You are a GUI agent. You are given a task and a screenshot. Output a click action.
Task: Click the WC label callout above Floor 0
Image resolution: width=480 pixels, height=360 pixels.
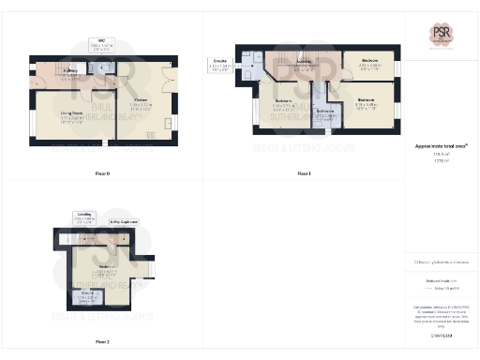click(x=104, y=42)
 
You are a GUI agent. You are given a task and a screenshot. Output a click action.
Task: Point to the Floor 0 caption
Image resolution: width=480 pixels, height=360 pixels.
click(x=102, y=174)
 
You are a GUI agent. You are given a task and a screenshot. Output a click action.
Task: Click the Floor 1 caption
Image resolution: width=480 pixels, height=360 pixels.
click(x=303, y=174)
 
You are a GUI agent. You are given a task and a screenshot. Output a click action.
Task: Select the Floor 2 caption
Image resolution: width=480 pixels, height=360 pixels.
click(x=102, y=341)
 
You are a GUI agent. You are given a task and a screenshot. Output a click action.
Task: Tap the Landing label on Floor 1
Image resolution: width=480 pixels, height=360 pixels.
click(x=304, y=63)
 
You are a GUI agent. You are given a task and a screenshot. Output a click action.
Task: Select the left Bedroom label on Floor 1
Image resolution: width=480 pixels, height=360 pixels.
click(x=284, y=101)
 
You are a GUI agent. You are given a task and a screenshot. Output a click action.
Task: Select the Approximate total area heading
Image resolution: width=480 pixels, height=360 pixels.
click(x=435, y=146)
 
